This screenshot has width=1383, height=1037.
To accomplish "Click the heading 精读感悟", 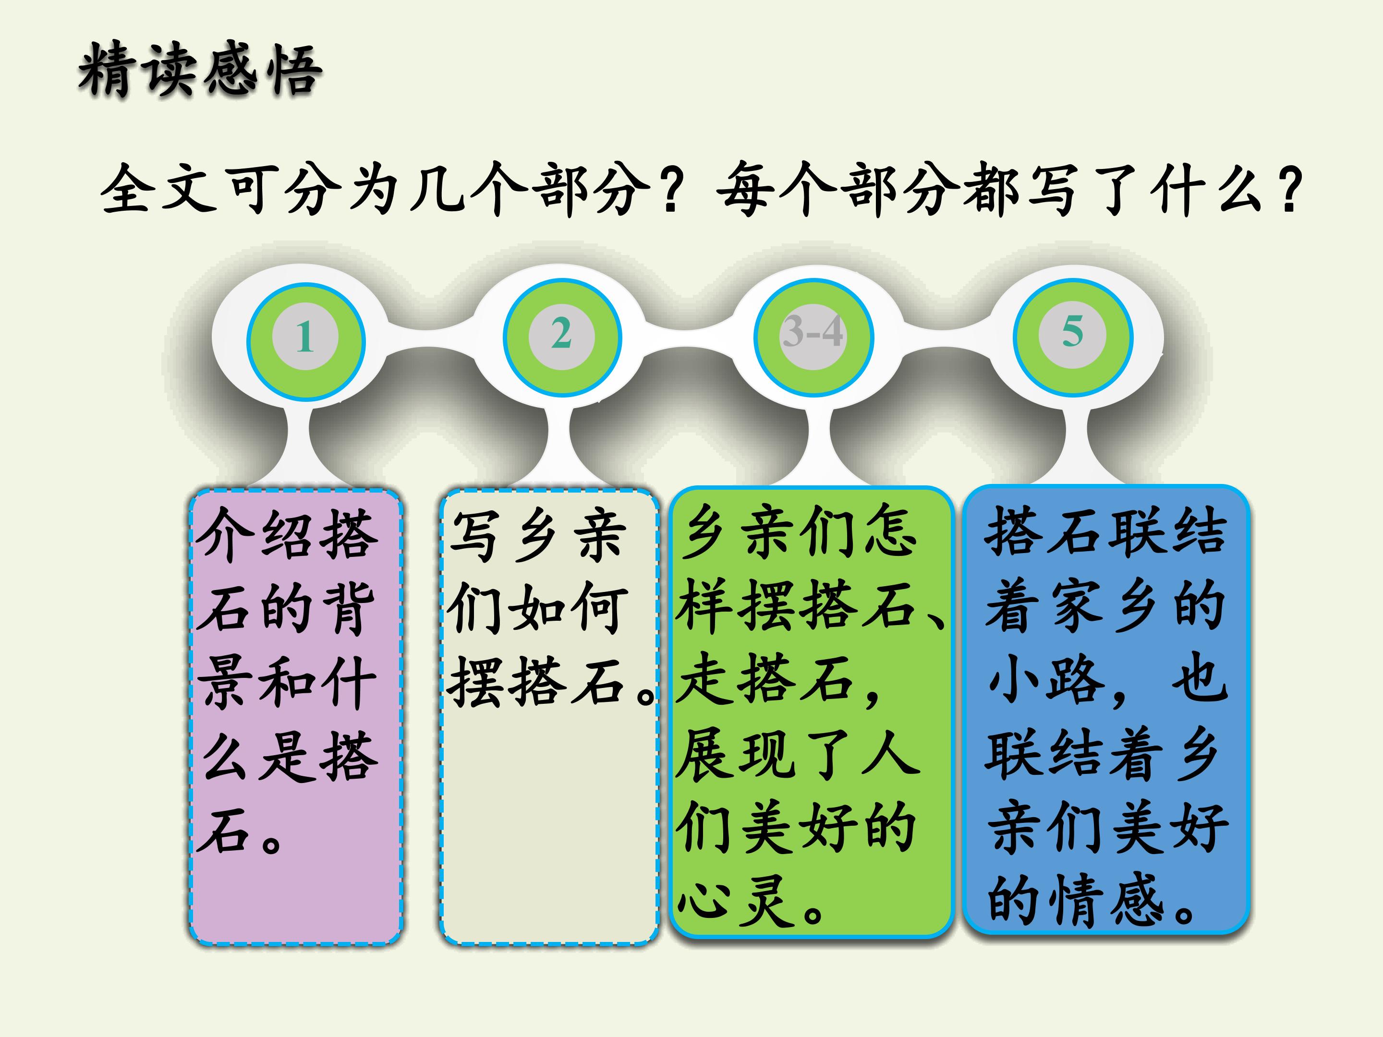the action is (200, 70).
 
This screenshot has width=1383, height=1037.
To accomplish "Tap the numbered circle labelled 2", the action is (561, 336).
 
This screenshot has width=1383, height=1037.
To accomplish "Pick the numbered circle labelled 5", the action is (1072, 335).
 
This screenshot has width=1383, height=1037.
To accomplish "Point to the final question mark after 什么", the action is (1288, 188).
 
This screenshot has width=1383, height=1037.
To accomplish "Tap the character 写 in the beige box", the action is (477, 534).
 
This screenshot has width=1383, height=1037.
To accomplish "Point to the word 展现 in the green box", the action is (737, 753).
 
